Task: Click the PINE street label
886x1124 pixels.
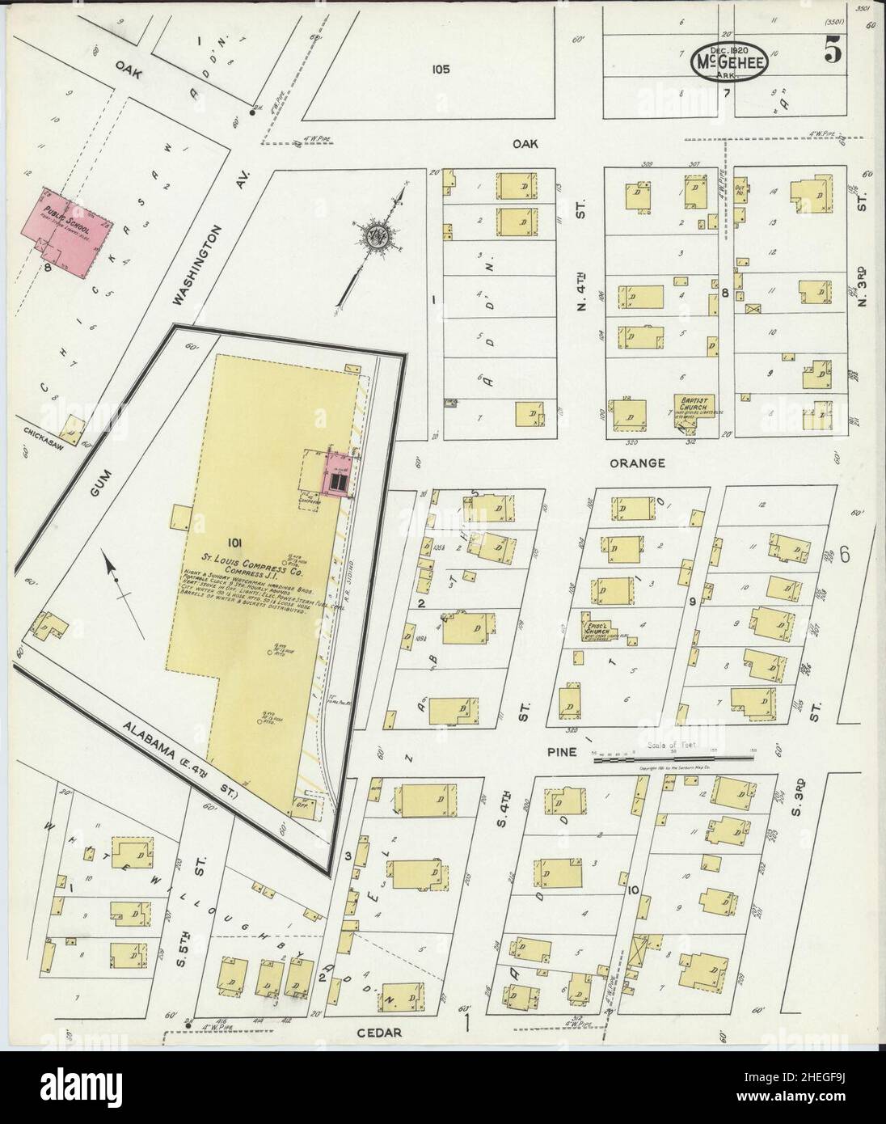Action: tap(561, 751)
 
